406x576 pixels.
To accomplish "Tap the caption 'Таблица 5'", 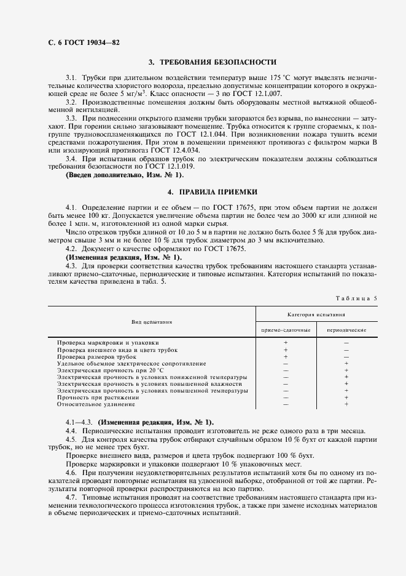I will point(357,298).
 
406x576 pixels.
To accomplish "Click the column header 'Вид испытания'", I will point(152,322).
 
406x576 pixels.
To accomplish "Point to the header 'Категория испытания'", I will point(316,314).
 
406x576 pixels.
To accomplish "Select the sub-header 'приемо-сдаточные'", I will point(286,330).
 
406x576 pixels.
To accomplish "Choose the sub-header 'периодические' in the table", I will point(346,330).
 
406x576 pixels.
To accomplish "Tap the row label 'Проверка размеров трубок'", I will point(96,356).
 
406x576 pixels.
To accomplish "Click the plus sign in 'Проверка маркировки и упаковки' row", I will point(286,342).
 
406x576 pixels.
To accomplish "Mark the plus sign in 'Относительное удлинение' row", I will point(346,404).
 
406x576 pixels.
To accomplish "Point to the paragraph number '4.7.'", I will point(72,495).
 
